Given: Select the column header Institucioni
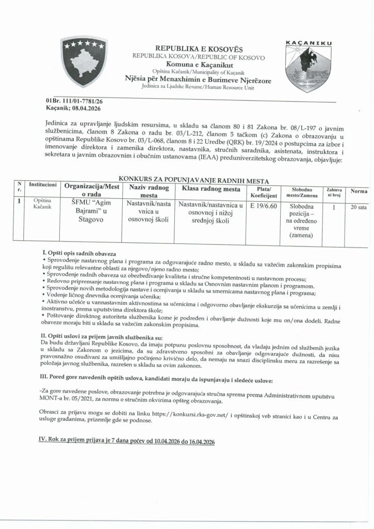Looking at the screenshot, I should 42,184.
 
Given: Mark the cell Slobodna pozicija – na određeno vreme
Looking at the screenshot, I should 299,221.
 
